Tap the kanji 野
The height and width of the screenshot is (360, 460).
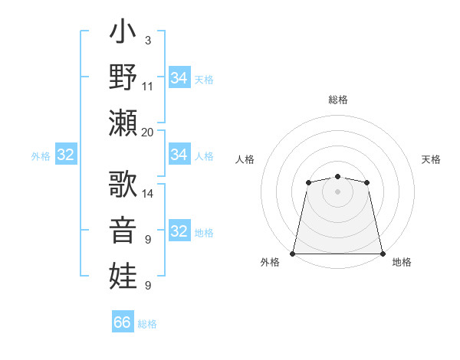(x=123, y=79)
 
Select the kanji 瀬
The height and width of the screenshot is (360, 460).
(x=123, y=123)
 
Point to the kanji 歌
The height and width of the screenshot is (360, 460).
(x=123, y=184)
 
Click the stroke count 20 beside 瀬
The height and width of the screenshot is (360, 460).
(x=148, y=132)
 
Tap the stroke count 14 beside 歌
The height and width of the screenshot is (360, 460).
(x=148, y=193)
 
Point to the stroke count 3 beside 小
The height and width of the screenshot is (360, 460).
(x=148, y=40)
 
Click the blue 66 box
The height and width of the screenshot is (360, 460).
(x=123, y=322)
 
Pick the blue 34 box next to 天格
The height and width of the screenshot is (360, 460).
(x=179, y=78)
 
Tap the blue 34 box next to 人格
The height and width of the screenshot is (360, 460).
(x=179, y=155)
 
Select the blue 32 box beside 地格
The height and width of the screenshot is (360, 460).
(x=179, y=231)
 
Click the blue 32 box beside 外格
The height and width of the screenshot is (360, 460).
(x=66, y=155)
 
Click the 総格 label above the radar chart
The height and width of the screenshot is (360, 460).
(x=338, y=100)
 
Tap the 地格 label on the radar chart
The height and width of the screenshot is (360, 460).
(x=402, y=262)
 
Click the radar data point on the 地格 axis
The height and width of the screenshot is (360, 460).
(x=383, y=254)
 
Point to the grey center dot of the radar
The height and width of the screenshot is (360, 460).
(x=337, y=191)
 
